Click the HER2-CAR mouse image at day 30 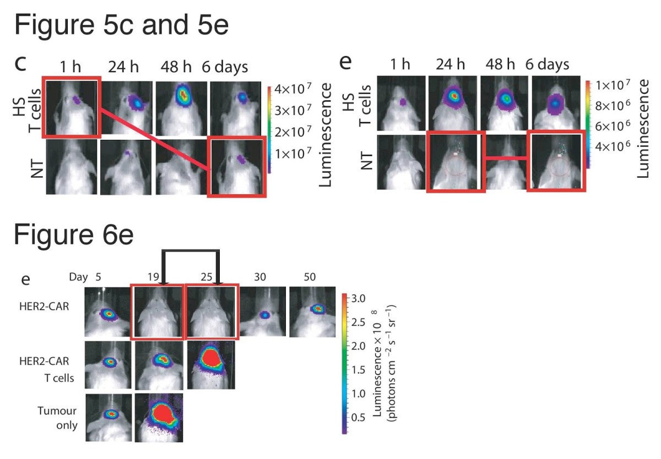pyautogui.click(x=262, y=312)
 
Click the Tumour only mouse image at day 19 pyautogui.click(x=159, y=417)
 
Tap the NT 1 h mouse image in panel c pyautogui.click(x=71, y=167)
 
